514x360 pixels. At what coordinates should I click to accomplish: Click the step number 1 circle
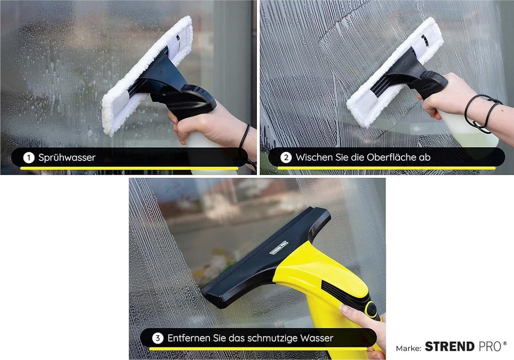[x=29, y=157]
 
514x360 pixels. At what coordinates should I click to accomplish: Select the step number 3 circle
[x=157, y=338]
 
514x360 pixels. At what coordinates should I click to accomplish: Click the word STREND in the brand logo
[x=450, y=347]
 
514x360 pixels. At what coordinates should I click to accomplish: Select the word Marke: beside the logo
[x=408, y=348]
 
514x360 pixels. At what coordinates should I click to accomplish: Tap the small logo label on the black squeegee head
[x=279, y=248]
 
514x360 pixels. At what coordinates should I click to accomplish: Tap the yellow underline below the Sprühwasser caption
[x=128, y=168]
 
